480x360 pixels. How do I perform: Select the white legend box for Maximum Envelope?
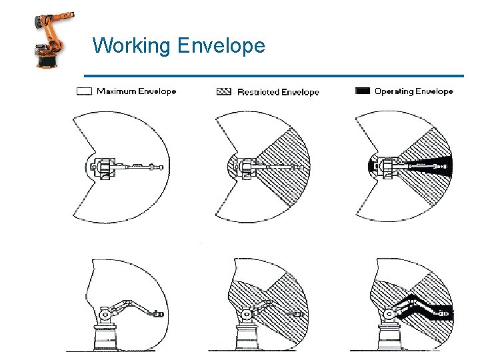coord(84,91)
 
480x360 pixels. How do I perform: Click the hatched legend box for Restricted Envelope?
coord(224,91)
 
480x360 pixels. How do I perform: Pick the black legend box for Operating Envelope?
coord(363,91)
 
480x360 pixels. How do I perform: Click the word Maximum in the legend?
coord(117,91)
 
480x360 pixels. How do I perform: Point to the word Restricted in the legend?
coord(257,92)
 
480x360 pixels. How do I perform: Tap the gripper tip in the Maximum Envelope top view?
coord(158,166)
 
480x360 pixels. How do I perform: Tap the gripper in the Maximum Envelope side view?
coord(157,312)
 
